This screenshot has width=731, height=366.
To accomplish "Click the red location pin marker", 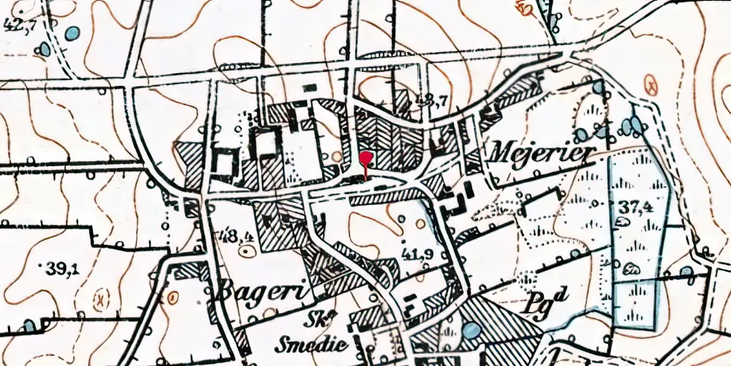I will click(366, 159).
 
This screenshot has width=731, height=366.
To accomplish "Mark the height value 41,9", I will click(418, 254).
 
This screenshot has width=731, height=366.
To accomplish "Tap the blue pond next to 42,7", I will click(72, 33).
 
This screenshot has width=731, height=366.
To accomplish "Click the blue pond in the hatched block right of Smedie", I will click(472, 332).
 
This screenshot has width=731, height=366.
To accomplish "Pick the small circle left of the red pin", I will click(336, 156).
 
